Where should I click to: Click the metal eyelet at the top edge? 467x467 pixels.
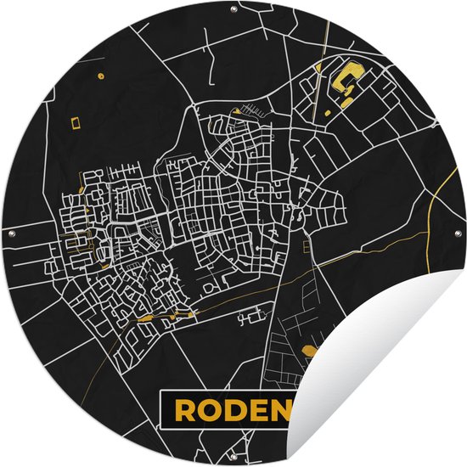(x=234, y=9)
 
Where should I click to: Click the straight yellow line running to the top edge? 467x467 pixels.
(x=327, y=34)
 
